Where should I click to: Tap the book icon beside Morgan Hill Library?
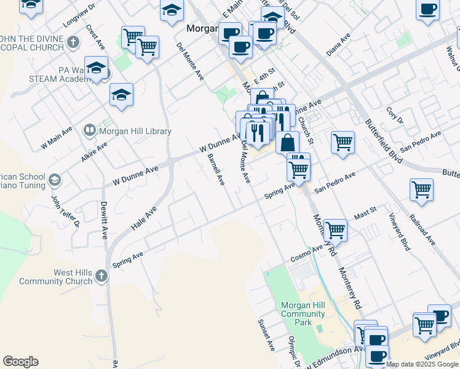coord(90,130)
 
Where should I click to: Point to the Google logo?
coord(20,362)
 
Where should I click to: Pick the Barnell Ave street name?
coord(216,170)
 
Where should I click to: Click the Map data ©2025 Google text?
coord(422,364)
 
